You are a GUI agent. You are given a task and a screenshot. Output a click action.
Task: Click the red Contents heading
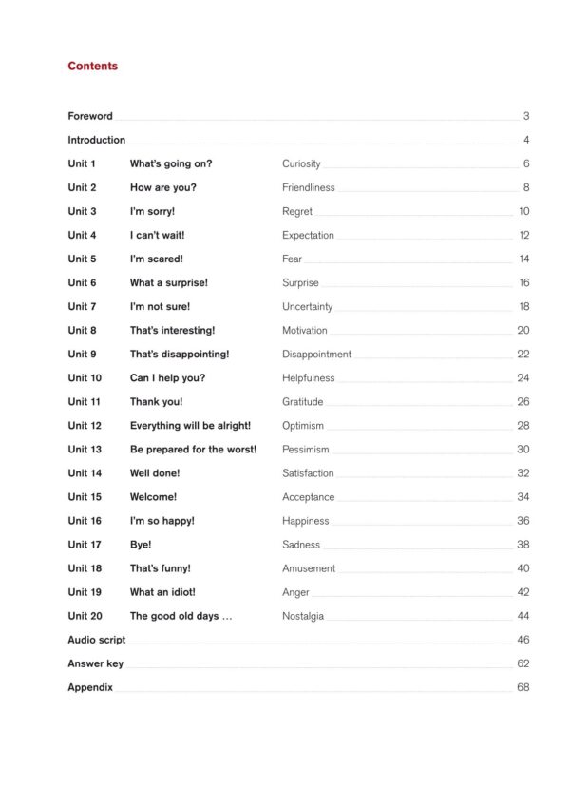[93, 67]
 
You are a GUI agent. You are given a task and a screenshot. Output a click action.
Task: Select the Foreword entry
[90, 116]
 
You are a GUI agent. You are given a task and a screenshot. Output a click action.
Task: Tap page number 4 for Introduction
[525, 140]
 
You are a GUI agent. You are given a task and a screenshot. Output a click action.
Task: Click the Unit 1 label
[82, 163]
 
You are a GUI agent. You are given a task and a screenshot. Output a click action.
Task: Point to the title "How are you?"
[163, 187]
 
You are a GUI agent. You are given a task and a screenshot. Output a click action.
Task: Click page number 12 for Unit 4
[523, 235]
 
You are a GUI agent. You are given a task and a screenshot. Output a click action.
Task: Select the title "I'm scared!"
[157, 259]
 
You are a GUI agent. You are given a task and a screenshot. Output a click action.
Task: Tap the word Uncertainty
[308, 306]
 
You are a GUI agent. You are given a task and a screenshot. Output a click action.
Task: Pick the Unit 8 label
[82, 330]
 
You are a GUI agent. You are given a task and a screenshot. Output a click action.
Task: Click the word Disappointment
[316, 354]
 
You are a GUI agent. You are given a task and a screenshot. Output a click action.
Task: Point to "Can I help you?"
[167, 377]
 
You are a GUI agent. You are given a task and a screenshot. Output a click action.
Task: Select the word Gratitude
[303, 402]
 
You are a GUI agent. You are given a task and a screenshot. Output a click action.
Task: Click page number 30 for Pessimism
[523, 450]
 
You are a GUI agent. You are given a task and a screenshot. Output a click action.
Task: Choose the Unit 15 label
[85, 497]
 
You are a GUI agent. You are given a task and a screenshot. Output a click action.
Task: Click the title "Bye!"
[141, 545]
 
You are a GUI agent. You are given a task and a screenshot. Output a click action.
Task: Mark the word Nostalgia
[303, 616]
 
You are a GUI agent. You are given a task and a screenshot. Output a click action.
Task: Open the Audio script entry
[96, 640]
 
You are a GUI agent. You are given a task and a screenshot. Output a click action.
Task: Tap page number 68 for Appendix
[523, 687]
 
